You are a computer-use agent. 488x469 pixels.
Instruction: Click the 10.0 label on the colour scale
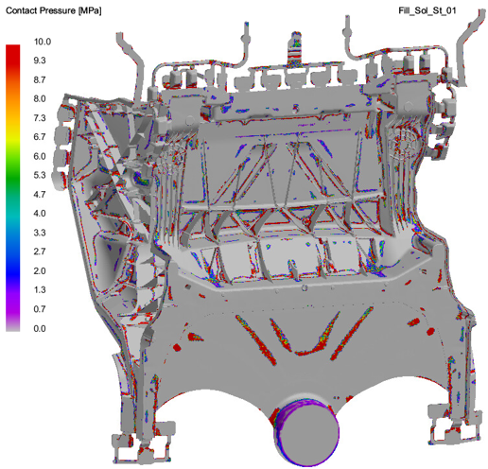click(43, 42)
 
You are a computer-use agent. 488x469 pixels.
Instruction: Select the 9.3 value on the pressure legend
click(40, 61)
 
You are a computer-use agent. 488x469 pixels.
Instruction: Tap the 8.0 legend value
click(40, 98)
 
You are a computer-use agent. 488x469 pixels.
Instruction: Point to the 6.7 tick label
click(40, 137)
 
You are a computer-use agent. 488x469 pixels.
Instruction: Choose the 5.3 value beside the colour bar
click(40, 175)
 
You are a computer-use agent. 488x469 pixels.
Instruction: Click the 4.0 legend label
click(40, 214)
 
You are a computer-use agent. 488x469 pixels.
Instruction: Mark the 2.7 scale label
click(40, 252)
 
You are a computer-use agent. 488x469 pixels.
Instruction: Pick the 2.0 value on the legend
click(40, 270)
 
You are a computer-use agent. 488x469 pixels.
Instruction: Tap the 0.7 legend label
click(40, 309)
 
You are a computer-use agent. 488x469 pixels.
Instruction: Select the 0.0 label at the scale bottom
click(40, 328)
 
